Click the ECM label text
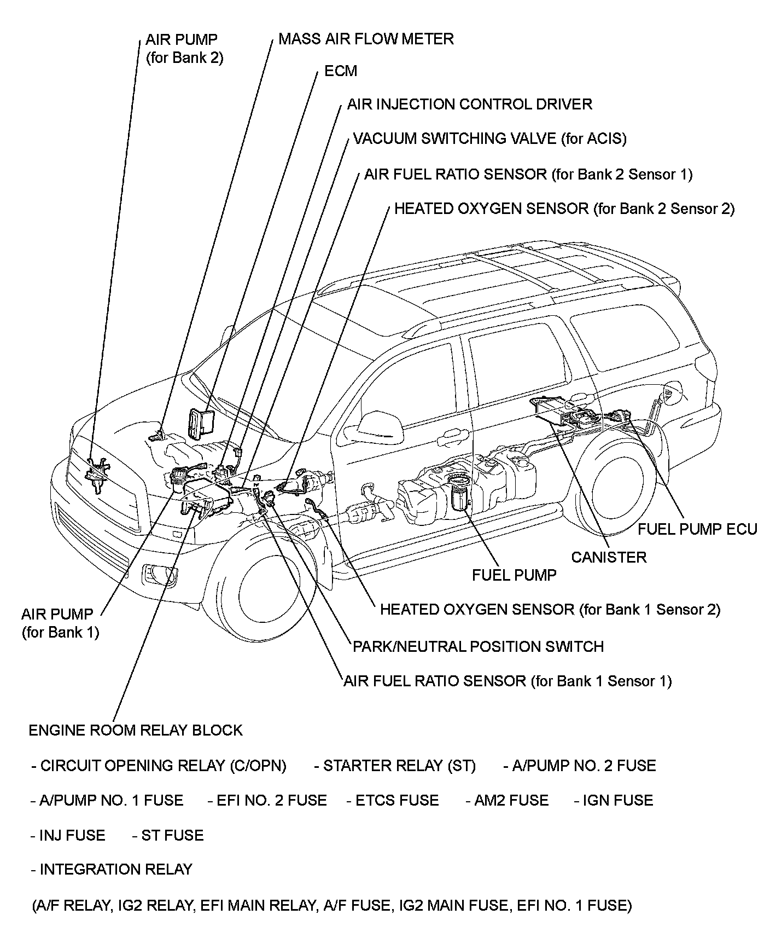[340, 71]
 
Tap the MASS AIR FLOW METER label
[366, 39]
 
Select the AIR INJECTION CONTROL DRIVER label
[469, 104]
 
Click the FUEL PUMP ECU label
[697, 529]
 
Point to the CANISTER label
[608, 557]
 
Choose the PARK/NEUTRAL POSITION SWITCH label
[478, 646]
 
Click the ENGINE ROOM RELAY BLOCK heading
[135, 730]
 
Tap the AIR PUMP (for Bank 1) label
[60, 623]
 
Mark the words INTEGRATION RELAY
[115, 869]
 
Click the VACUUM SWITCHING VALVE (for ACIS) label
[489, 138]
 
